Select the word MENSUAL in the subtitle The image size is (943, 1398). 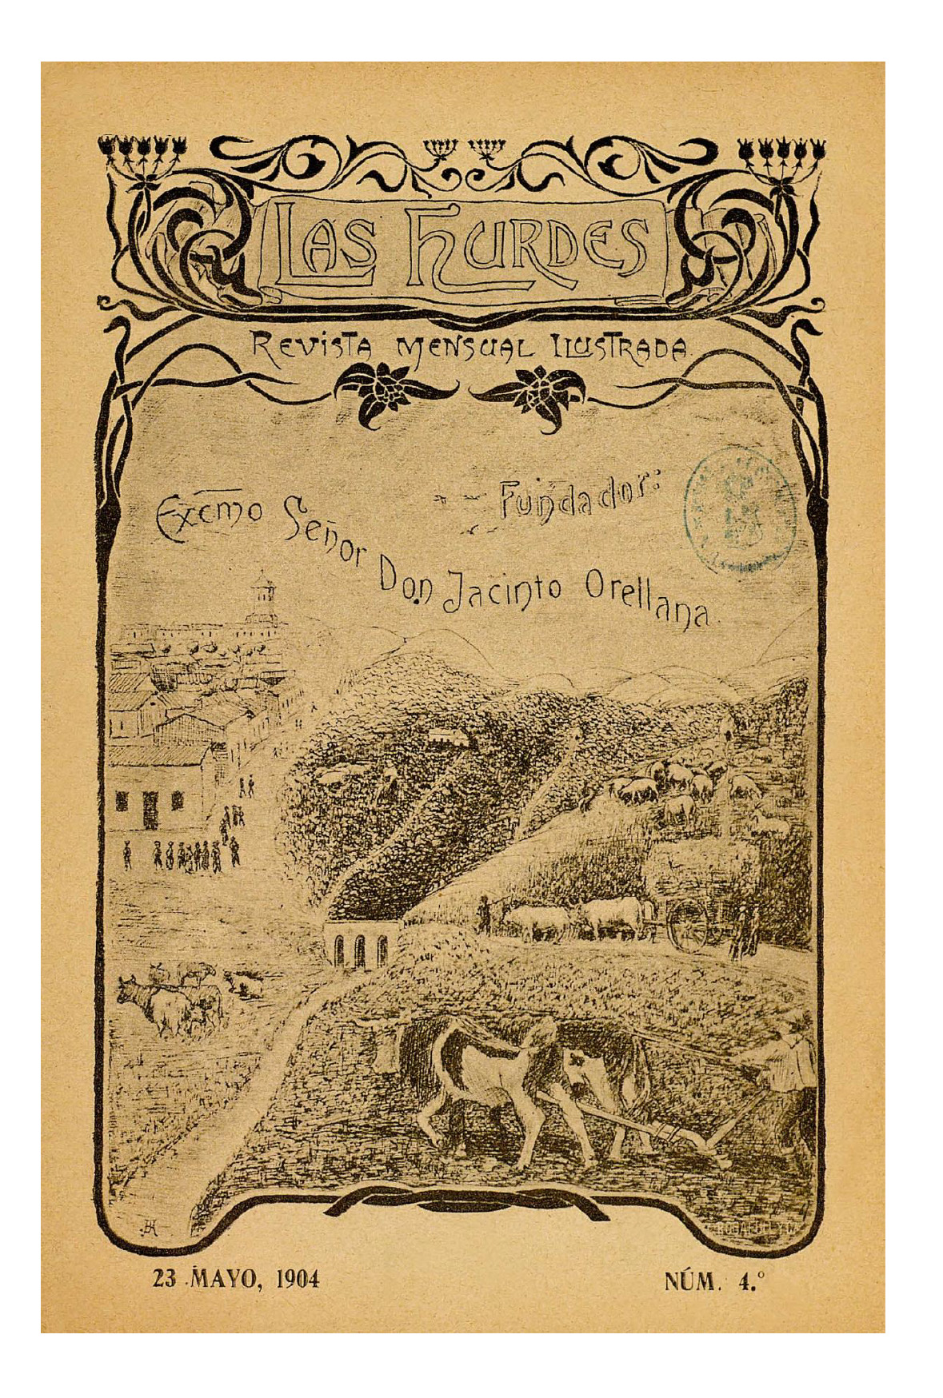[465, 349]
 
